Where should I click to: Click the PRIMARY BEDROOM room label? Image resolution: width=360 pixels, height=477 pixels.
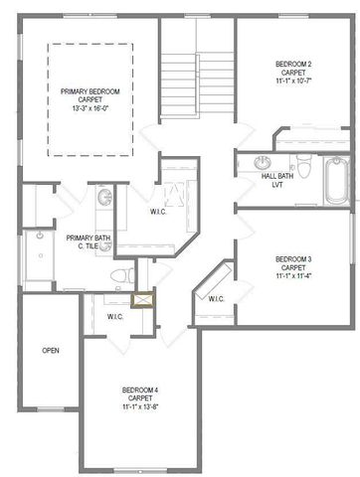(x=91, y=92)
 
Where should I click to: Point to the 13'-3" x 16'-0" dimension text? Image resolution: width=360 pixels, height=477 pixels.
(x=91, y=110)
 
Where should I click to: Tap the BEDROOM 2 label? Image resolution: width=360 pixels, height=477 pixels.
(x=293, y=64)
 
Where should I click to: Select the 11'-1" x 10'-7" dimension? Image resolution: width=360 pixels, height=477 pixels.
(x=293, y=81)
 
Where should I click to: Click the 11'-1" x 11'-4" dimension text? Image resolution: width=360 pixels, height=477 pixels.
(x=293, y=276)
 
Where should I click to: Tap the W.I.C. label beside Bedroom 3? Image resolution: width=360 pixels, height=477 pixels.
(x=217, y=298)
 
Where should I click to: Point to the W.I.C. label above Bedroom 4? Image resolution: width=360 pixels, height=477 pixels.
(x=114, y=316)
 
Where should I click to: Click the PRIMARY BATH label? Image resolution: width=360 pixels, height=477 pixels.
(x=88, y=238)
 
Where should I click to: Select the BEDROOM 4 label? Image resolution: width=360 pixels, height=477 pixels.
(x=140, y=389)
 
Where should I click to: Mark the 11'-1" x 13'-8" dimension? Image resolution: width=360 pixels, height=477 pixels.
(x=140, y=406)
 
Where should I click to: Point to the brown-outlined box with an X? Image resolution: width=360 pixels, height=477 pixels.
(x=143, y=297)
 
